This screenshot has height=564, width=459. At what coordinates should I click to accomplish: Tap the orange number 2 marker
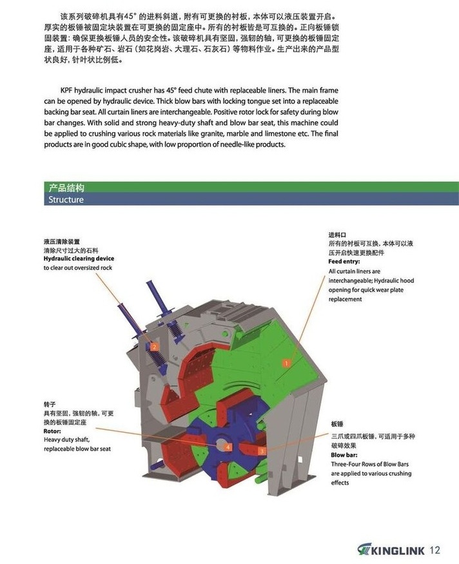coord(154,347)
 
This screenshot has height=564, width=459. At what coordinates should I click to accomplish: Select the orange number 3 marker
coord(261,452)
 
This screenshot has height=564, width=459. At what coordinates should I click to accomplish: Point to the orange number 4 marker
coord(227,446)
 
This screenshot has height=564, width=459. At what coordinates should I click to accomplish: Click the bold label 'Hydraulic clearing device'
coord(79,258)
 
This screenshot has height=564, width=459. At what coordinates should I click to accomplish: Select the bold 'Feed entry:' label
coord(344,262)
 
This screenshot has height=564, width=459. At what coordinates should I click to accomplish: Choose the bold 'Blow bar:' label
coord(344,454)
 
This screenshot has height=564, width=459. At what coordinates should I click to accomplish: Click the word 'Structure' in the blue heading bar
coord(66,200)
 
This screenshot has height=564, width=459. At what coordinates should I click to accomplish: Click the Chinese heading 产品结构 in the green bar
coord(66,188)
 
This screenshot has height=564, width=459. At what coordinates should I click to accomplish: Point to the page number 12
coord(434,550)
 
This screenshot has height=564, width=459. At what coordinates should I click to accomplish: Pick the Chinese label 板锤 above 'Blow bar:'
coord(337,424)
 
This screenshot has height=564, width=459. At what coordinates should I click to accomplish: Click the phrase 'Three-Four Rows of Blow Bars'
coord(370,464)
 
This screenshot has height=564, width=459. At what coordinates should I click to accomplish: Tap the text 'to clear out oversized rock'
coord(78,267)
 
